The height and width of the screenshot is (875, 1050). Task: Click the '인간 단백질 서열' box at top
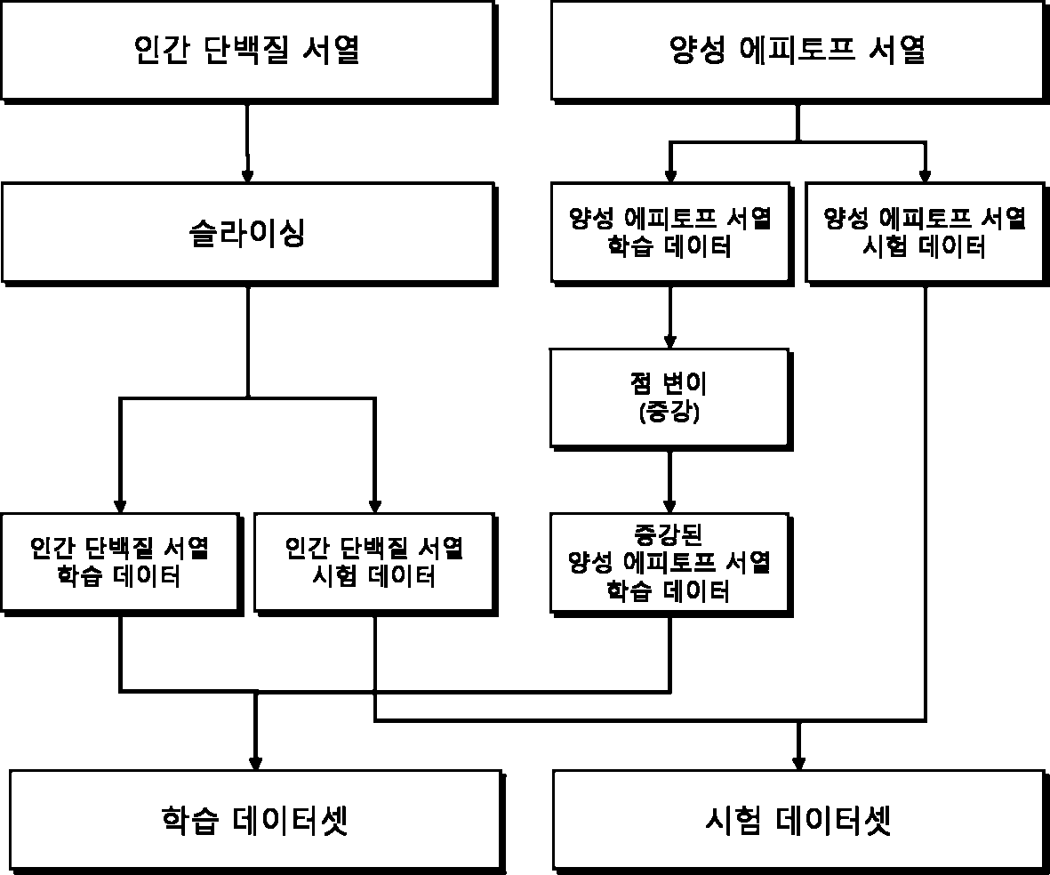coord(248,52)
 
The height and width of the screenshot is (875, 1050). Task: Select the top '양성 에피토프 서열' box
coord(799,52)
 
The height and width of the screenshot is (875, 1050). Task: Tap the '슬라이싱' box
coord(248,234)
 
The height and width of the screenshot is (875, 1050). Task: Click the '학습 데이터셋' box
coord(256,822)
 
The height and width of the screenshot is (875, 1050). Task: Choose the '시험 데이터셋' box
coord(800,822)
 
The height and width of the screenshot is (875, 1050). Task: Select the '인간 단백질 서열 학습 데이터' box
coord(121,564)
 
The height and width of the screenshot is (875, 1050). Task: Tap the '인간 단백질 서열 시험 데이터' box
coord(375,564)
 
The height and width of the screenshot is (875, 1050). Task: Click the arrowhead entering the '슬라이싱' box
coord(247,176)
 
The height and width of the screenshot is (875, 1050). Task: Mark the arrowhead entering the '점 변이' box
coord(669,341)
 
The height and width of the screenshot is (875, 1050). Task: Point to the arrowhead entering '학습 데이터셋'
coord(255,764)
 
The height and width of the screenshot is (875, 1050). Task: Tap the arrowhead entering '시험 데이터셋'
coord(798,764)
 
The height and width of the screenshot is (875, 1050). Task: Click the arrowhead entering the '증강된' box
coord(669,507)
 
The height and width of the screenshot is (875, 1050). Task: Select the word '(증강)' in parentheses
coord(669,412)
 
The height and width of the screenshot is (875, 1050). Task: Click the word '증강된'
coord(668,534)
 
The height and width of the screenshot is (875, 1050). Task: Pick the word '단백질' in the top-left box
coord(246,50)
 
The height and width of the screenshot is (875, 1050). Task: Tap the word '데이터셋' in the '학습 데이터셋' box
coord(291,820)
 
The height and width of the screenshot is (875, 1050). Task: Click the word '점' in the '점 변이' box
coord(641,383)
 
